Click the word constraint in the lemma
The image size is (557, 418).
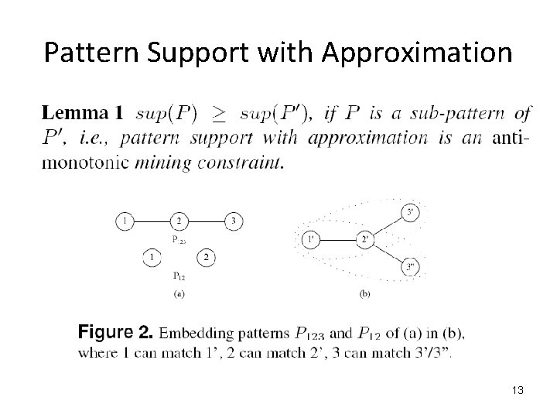249,163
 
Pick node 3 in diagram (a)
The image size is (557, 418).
234,222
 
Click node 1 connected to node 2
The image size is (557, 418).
125,222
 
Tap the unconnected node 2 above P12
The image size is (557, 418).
206,257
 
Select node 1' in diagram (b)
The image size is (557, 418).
310,240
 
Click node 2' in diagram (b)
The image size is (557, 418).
365,240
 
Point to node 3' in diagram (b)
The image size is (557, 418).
409,212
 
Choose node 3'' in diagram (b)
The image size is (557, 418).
409,268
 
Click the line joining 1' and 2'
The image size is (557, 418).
337,240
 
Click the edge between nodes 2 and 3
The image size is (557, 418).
206,222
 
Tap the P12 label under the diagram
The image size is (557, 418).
179,275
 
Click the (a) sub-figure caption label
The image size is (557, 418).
179,294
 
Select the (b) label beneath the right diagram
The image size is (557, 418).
364,294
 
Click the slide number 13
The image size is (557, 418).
517,391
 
